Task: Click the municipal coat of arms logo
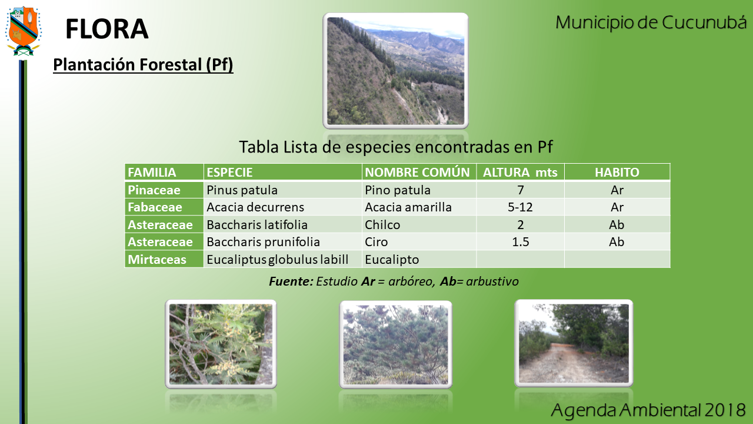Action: pos(23,31)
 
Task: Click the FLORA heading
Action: pos(107,29)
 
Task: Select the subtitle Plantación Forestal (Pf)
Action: pos(143,64)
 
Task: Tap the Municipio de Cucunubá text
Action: pos(651,23)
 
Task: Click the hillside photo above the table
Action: pos(396,71)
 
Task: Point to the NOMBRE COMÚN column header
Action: pos(417,173)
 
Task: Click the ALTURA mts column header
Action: pos(520,173)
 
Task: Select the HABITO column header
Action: pos(617,173)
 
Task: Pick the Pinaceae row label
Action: pos(154,190)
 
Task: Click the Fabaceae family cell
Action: pos(155,207)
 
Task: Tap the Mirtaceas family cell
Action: pos(157,260)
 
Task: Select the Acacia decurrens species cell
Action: pos(255,207)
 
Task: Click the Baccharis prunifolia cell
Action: pos(263,242)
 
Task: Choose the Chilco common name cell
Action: pos(382,225)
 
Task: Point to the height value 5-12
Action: pos(520,207)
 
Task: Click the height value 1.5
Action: pos(521,242)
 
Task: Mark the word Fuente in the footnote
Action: pos(291,281)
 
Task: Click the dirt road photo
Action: pos(574,343)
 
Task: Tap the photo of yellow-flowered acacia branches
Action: pos(221,344)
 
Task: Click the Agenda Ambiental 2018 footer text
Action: pos(648,410)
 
